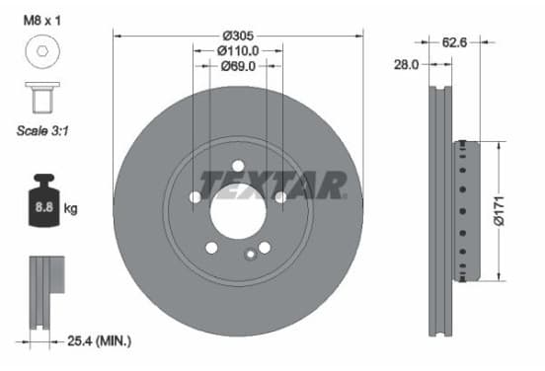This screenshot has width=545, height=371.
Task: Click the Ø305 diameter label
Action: tap(239, 36)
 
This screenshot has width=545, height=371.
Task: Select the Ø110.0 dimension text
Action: tap(238, 51)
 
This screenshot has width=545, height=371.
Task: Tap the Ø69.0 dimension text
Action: tap(238, 66)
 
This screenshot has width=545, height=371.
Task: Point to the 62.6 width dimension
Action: tap(454, 42)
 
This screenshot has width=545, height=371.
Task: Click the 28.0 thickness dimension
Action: tap(406, 64)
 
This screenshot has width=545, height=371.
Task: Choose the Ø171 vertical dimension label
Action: tap(499, 211)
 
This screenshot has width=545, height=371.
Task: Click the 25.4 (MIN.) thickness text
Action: tap(100, 340)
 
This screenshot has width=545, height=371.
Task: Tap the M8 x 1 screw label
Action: tap(42, 21)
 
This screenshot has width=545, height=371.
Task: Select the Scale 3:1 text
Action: tap(42, 130)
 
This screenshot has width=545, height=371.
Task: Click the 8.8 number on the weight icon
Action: tap(44, 207)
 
